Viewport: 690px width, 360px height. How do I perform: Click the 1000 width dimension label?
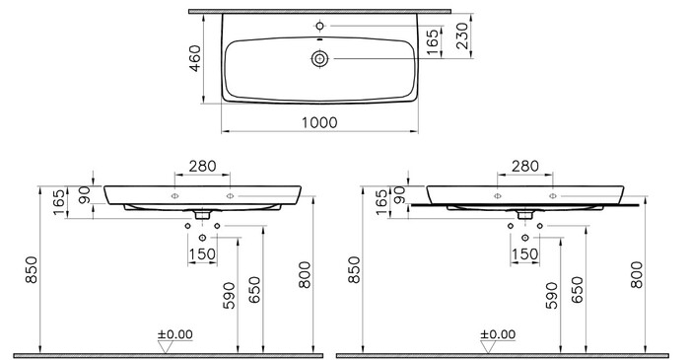coord(319,122)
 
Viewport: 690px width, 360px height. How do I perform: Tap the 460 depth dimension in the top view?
coord(194,58)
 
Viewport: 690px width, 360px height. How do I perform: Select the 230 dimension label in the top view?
coord(461,36)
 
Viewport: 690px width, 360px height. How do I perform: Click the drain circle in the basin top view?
coord(320,58)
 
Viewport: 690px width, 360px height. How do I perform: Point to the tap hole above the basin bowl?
coord(320,26)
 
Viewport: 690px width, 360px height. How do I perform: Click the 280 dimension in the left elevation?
coord(202,166)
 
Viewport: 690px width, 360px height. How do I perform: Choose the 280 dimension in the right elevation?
coord(525,166)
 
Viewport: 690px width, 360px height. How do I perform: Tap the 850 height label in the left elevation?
coord(32,270)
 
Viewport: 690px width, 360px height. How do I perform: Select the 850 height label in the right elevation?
coord(354,270)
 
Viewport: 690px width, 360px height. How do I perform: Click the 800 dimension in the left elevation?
coord(304,275)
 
